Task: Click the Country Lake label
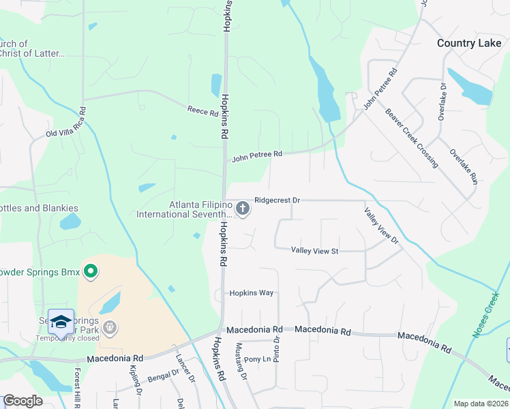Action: click(x=469, y=43)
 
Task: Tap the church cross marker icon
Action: click(x=242, y=207)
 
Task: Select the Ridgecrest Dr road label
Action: click(x=277, y=200)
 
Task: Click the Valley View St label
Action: click(x=315, y=251)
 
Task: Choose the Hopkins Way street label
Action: click(x=251, y=292)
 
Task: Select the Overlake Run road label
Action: click(x=463, y=164)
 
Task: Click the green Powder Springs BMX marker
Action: click(x=90, y=273)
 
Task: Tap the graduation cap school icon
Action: click(x=61, y=322)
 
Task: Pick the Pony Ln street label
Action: click(x=257, y=359)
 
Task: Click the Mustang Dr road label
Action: click(x=239, y=358)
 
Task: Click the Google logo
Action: click(x=22, y=401)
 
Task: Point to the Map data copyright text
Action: click(x=481, y=404)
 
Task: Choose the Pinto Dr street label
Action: click(x=277, y=350)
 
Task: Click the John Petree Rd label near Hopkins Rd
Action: click(x=256, y=156)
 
